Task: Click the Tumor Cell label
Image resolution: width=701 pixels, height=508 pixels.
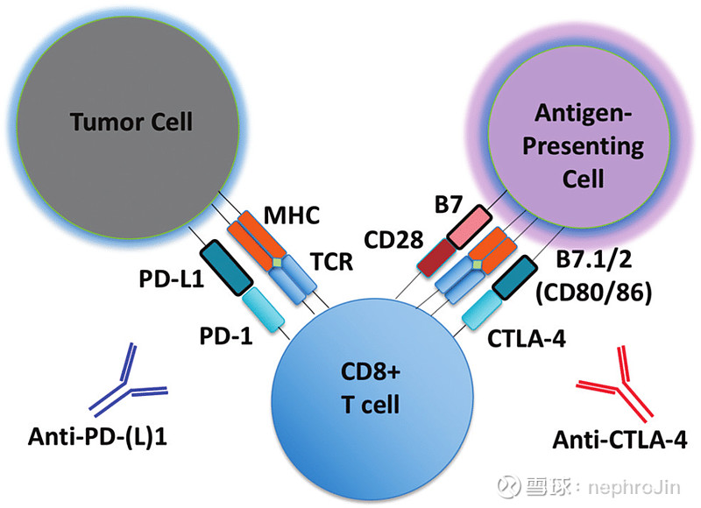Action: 131,122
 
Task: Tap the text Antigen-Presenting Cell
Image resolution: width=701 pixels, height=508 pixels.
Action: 583,145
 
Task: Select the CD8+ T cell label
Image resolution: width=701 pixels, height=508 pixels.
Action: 371,388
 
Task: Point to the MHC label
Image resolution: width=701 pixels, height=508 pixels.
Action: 292,215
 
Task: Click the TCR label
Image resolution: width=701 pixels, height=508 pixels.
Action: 332,261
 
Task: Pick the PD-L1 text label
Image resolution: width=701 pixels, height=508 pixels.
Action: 172,279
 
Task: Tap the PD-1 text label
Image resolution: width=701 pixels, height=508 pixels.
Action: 226,336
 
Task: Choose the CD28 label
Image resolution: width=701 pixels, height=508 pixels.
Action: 393,240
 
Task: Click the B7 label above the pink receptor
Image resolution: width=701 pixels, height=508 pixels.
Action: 448,205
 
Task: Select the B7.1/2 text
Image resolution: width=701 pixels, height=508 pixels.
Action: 594,258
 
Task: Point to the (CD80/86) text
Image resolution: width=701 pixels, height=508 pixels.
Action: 594,293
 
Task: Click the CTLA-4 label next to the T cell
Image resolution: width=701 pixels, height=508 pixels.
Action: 527,339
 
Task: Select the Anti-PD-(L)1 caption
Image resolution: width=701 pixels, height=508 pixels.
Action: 97,436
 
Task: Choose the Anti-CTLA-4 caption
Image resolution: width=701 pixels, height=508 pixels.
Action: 620,440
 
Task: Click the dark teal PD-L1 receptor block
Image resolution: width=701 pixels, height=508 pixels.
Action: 226,268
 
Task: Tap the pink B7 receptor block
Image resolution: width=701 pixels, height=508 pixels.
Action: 470,227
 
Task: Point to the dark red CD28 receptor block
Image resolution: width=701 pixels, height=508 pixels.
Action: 436,258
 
